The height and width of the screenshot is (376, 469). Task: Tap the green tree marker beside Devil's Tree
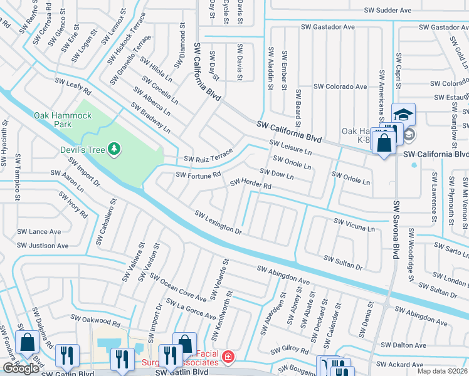[x=113, y=149]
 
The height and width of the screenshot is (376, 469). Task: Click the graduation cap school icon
[x=403, y=115]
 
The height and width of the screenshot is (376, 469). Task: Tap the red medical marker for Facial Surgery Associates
[x=229, y=357]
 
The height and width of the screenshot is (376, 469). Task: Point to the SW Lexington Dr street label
[x=218, y=222]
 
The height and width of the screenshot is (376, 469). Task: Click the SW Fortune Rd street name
[x=198, y=175]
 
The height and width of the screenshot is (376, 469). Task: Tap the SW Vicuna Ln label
[x=354, y=224]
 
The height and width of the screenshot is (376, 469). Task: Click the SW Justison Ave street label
[x=43, y=246]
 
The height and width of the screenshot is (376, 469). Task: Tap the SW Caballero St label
[x=105, y=222]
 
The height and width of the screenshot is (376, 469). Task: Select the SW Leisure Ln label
[x=290, y=147]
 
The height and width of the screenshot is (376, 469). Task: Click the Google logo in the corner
[x=21, y=368]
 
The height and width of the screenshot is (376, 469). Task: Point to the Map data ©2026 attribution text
[x=442, y=371]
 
